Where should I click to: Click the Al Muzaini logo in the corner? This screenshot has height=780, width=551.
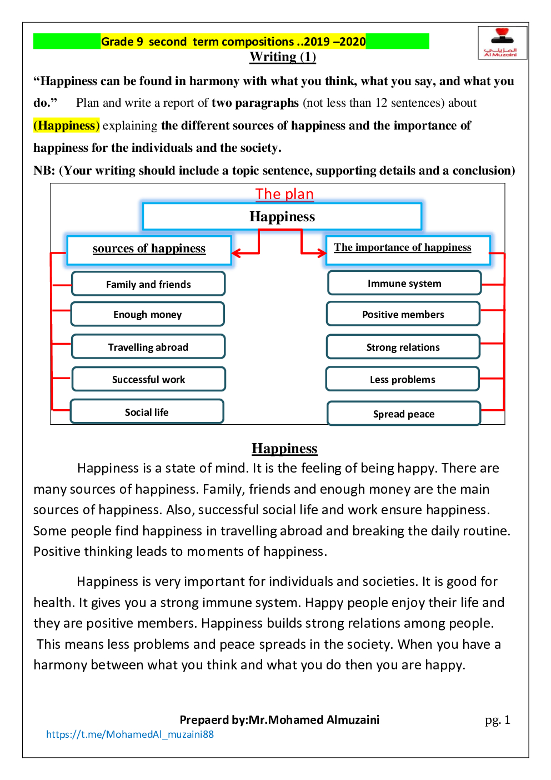[x=502, y=42]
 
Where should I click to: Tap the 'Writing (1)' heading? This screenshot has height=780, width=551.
[x=283, y=57]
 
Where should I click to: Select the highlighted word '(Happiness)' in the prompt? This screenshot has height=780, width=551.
[x=67, y=126]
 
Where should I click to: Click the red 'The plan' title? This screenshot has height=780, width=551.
[x=284, y=194]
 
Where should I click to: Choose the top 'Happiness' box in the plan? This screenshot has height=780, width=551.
[x=282, y=216]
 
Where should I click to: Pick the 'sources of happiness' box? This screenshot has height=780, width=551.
[x=149, y=250]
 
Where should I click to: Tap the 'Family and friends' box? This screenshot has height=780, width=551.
[x=148, y=284]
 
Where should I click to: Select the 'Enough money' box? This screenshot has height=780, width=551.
[x=148, y=314]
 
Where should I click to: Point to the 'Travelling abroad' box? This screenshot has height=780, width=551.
[x=148, y=347]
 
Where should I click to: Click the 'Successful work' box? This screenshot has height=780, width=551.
[x=149, y=379]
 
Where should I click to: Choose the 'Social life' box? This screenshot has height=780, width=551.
[x=147, y=412]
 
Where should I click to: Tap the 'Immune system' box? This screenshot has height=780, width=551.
[x=404, y=283]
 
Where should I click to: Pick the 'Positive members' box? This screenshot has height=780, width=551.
[x=403, y=314]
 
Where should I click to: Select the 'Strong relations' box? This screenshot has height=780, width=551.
[x=403, y=347]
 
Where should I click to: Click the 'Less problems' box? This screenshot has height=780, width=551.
[x=403, y=379]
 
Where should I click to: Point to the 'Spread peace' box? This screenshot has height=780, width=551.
[x=404, y=414]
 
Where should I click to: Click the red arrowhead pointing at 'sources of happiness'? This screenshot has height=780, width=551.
[x=236, y=254]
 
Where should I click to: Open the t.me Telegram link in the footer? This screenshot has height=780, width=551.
[x=130, y=734]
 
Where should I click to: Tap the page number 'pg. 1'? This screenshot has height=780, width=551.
[x=497, y=720]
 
